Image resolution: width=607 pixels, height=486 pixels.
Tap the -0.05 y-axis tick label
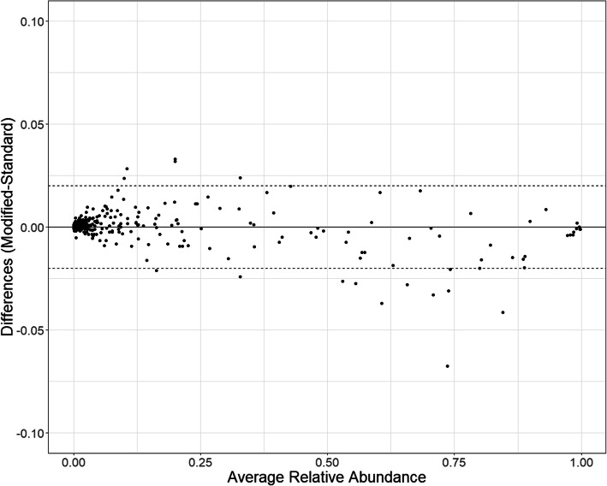29,329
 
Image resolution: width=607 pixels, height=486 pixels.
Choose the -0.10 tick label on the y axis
29,432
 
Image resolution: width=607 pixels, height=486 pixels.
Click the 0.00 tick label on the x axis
74,460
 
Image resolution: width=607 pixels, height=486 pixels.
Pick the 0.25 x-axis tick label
201,460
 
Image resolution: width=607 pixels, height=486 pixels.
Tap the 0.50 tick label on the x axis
328,460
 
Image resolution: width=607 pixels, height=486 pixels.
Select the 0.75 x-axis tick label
455,460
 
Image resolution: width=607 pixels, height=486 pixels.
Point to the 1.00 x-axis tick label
581,460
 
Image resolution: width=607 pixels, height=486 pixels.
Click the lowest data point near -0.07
447,366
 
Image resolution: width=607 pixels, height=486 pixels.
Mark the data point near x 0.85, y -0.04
503,312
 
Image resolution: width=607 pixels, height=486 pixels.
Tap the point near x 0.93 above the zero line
545,209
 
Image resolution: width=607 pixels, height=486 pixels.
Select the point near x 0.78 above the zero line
470,213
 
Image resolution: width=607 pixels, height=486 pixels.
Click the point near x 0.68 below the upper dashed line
420,190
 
